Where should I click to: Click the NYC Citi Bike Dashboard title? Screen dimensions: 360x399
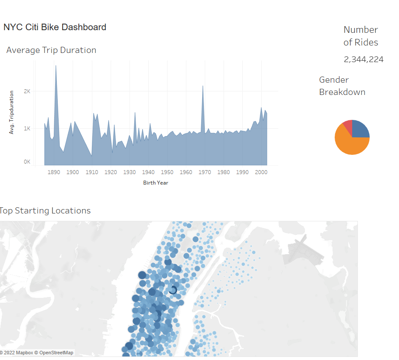click(x=55, y=27)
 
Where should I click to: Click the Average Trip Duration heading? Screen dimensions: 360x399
click(x=51, y=50)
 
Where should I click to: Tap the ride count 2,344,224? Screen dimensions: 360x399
click(x=364, y=59)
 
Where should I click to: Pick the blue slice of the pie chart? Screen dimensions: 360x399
click(x=360, y=129)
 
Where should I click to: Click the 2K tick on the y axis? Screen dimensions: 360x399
click(x=27, y=91)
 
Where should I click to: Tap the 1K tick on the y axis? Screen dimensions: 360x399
click(x=27, y=129)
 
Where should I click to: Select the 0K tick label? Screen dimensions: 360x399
click(x=27, y=162)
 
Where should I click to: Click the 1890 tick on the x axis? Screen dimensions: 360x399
click(x=54, y=172)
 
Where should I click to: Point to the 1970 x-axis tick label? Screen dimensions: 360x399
click(x=205, y=172)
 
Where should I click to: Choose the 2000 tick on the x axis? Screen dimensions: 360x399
click(x=261, y=172)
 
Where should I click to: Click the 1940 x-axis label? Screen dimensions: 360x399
click(x=148, y=172)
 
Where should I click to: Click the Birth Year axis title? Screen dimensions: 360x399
click(x=155, y=183)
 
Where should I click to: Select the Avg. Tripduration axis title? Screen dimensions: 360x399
click(x=12, y=112)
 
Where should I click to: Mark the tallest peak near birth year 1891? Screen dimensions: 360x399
click(x=56, y=66)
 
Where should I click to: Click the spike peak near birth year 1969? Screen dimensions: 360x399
click(x=203, y=86)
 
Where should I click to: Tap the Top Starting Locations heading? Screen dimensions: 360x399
click(x=45, y=210)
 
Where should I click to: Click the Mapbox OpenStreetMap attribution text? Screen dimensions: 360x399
click(x=37, y=353)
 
